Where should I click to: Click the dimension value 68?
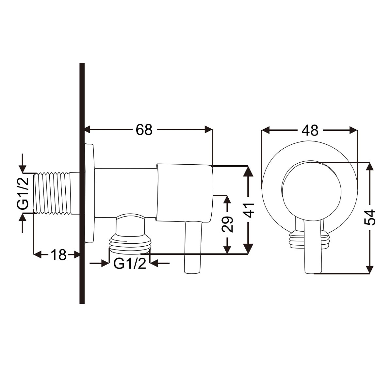pos(144,130)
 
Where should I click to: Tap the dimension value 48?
pos(310,130)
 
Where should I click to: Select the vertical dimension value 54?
pos(369,217)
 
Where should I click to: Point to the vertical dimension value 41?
pos(248,210)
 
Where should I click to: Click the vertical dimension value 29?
pos(227,224)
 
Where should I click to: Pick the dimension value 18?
pos(58,254)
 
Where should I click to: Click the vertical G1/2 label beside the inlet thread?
pos(23,193)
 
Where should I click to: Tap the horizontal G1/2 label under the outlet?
pos(130,264)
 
